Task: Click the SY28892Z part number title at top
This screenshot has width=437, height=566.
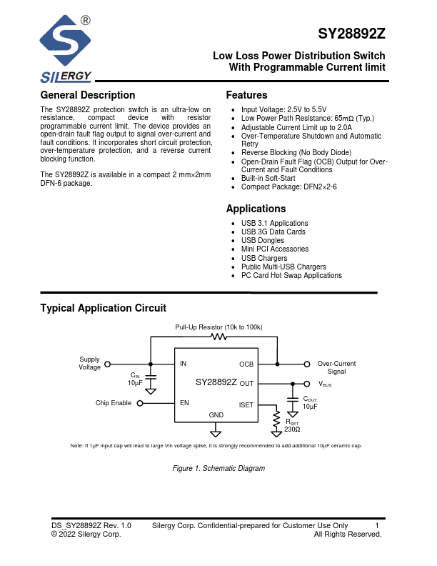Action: pyautogui.click(x=351, y=34)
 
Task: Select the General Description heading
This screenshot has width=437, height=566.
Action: pyautogui.click(x=88, y=96)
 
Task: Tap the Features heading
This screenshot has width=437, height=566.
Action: pyautogui.click(x=246, y=96)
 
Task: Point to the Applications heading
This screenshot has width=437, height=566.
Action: pyautogui.click(x=256, y=209)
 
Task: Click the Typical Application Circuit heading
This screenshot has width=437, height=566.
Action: pyautogui.click(x=103, y=308)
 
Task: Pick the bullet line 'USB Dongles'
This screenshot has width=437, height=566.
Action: pyautogui.click(x=263, y=241)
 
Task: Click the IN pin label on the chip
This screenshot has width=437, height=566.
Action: pyautogui.click(x=184, y=364)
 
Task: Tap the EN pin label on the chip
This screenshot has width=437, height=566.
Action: pyautogui.click(x=184, y=403)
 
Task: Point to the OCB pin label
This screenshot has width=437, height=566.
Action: pyautogui.click(x=246, y=364)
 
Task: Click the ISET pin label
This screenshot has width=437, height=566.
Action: pyautogui.click(x=246, y=405)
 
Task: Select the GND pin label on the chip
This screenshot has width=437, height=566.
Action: pyautogui.click(x=216, y=415)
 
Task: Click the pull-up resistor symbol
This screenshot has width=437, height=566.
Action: pyautogui.click(x=219, y=337)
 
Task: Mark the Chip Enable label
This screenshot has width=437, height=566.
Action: pyautogui.click(x=114, y=403)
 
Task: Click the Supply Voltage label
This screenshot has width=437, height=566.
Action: pyautogui.click(x=90, y=363)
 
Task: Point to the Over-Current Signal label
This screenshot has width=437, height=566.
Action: pyautogui.click(x=336, y=367)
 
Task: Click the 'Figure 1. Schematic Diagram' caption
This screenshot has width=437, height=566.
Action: pyautogui.click(x=218, y=469)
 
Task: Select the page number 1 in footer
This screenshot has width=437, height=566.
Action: pyautogui.click(x=376, y=526)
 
